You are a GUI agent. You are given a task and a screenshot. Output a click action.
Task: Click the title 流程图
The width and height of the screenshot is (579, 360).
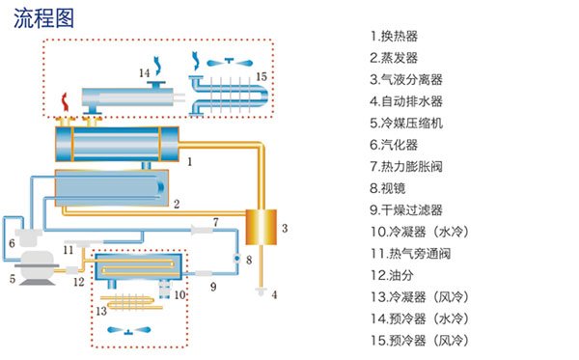coord(43,18)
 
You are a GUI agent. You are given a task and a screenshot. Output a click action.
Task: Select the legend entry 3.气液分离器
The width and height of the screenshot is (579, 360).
coord(406,79)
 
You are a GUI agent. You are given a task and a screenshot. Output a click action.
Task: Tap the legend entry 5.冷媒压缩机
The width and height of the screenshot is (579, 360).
coord(406,123)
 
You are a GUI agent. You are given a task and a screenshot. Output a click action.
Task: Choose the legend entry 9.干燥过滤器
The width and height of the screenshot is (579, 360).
coord(406,210)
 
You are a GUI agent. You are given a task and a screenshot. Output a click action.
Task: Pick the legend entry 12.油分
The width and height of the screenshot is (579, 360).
coord(392,275)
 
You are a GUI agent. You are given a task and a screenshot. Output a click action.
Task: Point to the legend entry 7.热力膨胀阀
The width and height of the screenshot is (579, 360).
coord(406,167)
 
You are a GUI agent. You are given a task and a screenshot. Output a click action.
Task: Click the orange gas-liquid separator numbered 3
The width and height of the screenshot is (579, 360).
coord(262,227)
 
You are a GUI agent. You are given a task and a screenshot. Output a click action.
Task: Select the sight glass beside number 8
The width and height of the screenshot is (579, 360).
coord(236,258)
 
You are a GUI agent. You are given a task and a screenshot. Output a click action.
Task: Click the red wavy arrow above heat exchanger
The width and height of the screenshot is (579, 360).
coord(66,102)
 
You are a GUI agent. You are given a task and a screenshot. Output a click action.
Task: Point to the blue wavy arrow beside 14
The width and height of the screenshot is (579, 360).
coord(158,66)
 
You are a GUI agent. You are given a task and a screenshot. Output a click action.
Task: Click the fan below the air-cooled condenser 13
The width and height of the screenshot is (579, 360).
coord(128,330)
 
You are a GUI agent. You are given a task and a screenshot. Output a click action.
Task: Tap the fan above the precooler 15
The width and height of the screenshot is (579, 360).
coord(230,63)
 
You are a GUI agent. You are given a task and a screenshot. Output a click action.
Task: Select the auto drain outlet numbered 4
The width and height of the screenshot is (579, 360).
coord(261,291)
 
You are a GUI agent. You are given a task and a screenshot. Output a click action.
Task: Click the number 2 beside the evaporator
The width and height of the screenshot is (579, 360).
coord(177,204)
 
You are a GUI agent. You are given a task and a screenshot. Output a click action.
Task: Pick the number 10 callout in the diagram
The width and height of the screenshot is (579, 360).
coord(179,295)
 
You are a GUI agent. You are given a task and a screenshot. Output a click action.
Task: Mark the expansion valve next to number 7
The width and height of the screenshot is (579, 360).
coord(202,231)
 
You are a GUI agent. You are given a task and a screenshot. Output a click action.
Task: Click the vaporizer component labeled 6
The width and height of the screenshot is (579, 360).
coord(28,237)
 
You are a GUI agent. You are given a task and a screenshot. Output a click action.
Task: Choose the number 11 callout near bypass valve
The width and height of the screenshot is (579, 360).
coord(68,250)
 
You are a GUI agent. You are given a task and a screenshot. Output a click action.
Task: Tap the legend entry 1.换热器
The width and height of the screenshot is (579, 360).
coord(394,36)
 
